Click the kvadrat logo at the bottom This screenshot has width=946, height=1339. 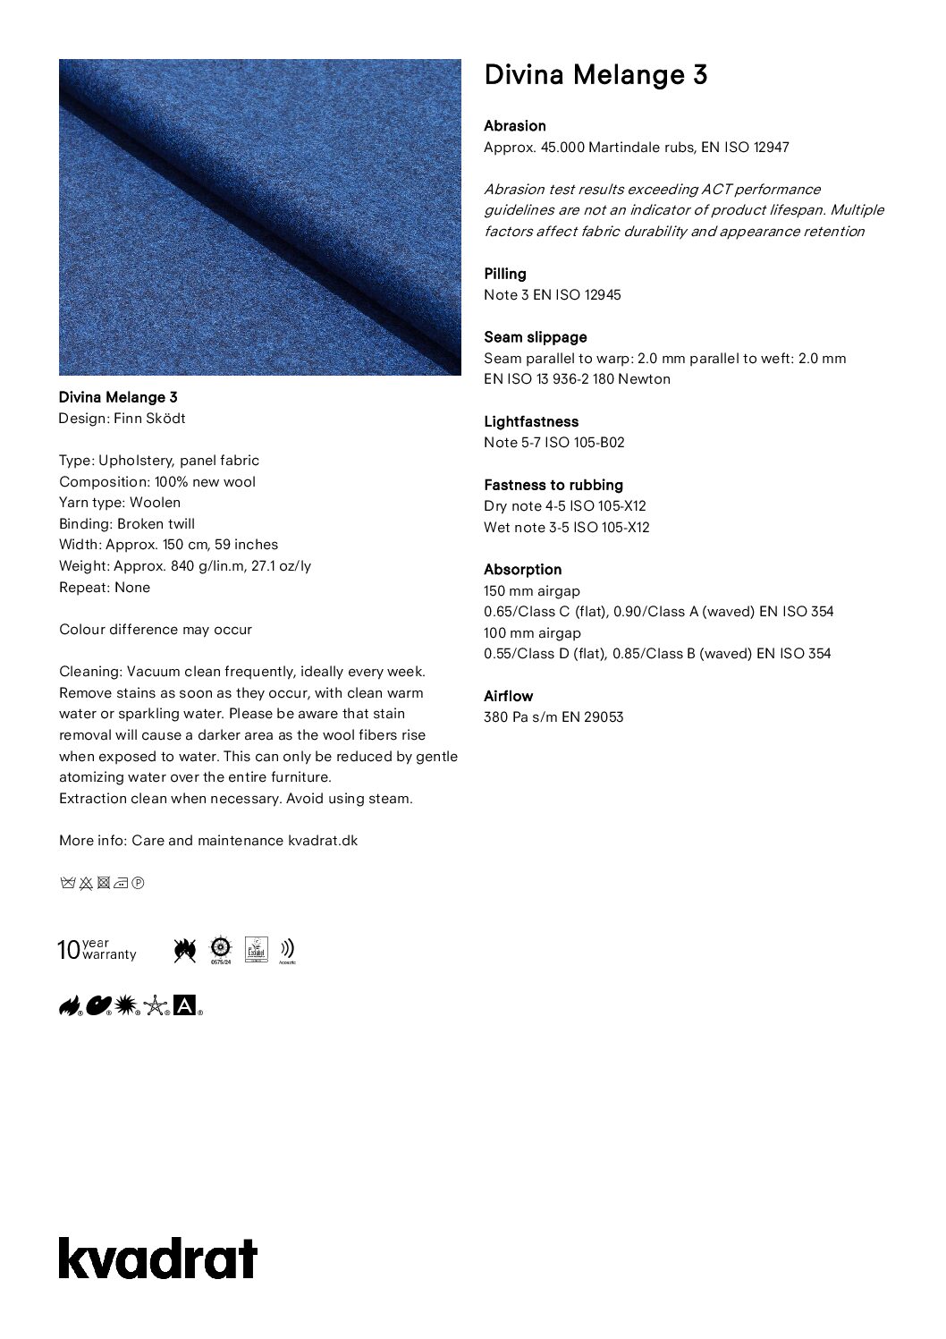point(158,1258)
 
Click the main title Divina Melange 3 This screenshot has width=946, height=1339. point(595,75)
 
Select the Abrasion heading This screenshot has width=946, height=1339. point(515,126)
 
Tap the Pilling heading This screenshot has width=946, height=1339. point(505,274)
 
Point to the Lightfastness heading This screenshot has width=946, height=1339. point(531,421)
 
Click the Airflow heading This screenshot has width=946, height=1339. point(509,696)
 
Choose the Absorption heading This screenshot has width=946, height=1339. point(523,570)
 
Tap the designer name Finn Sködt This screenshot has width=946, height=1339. point(149,419)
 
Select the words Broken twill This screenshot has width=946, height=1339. point(156,524)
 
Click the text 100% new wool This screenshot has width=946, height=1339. point(205,482)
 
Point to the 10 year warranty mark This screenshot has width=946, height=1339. point(97,949)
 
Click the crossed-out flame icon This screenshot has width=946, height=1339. point(185,950)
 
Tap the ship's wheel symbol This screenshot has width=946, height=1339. point(220,948)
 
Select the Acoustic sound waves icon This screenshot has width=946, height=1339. point(287,949)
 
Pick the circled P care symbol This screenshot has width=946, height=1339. point(138,884)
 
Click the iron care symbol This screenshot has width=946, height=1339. point(121,884)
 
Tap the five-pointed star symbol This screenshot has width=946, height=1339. point(156,1005)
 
